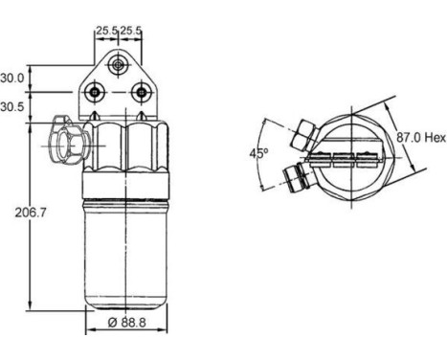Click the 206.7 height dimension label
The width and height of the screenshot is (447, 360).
31,213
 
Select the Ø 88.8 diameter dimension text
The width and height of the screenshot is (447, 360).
127,323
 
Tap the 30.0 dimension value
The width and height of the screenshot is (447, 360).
12,78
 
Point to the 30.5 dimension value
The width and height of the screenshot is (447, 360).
12,107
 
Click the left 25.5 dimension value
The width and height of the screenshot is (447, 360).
107,31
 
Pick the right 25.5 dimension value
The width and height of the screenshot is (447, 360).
130,31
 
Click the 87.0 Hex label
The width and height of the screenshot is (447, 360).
421,138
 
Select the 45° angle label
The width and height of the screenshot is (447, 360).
258,153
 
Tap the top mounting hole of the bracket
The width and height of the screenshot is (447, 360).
118,65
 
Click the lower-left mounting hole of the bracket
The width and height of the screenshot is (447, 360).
95,92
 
